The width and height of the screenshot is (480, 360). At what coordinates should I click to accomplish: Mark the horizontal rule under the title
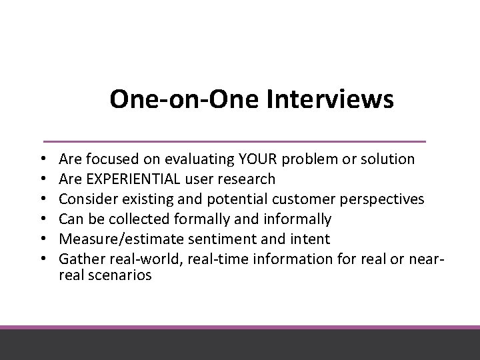[234, 141]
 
